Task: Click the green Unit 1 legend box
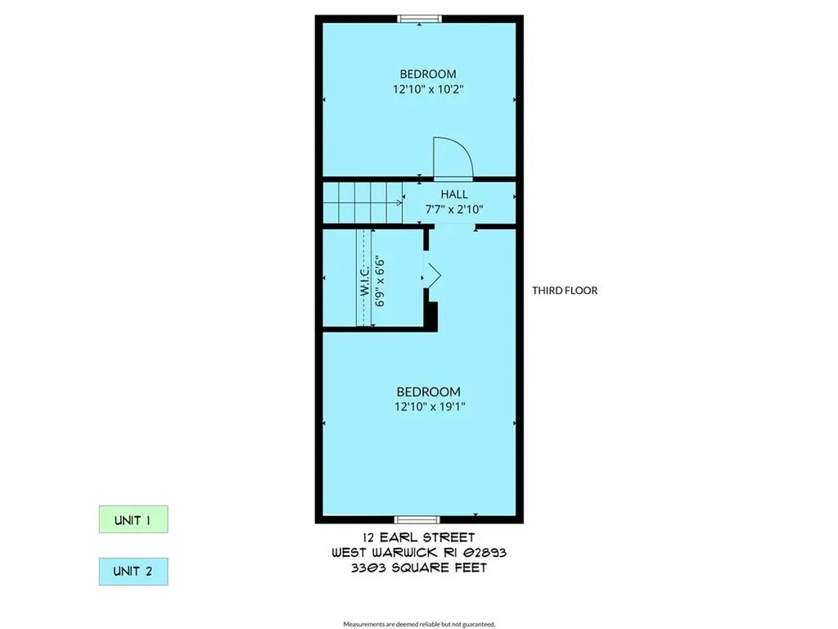[x=133, y=519]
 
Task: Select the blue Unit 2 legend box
[x=133, y=571]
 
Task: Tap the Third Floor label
[x=565, y=291]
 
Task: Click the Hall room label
[x=454, y=194]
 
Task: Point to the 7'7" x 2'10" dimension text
[x=454, y=209]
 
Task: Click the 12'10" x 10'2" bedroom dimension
[x=428, y=89]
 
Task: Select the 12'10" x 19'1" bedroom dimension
[x=430, y=406]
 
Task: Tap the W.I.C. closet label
[x=365, y=281]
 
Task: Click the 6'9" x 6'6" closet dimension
[x=380, y=282]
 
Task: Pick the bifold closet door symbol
[x=434, y=277]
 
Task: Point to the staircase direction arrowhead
[x=399, y=203]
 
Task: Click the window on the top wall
[x=420, y=20]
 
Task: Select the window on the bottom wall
[x=417, y=519]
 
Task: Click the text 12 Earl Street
[x=418, y=537]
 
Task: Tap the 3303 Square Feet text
[x=419, y=568]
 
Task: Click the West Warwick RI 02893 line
[x=419, y=553]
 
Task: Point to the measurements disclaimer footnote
[x=419, y=624]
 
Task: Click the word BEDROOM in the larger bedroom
[x=429, y=392]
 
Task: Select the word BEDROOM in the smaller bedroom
[x=428, y=74]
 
